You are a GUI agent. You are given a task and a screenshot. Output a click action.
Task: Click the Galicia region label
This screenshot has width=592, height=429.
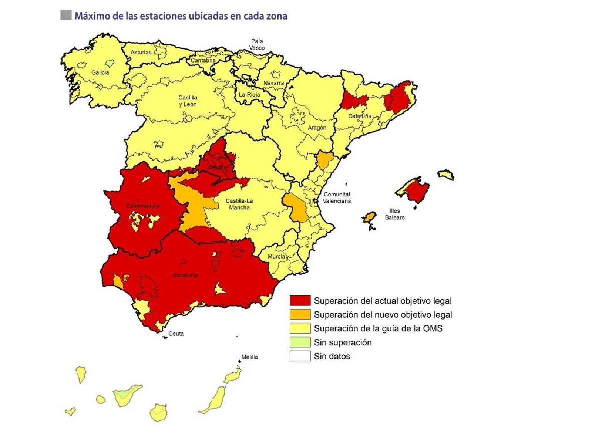coord(100,72)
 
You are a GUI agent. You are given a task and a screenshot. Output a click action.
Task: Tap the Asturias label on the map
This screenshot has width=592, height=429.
coord(141,52)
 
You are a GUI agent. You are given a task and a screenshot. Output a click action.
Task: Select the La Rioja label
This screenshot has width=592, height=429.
coord(249,95)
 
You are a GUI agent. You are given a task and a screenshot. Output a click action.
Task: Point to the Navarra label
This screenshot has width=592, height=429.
coord(273,83)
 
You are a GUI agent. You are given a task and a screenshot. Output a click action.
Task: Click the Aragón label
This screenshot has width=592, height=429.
coord(317,128)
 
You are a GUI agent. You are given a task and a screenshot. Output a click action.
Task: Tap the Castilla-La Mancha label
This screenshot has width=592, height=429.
coord(239,204)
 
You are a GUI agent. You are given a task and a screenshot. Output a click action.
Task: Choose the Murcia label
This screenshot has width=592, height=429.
coord(276,256)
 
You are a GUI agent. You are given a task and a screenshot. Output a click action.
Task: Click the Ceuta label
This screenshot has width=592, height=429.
coord(176,334)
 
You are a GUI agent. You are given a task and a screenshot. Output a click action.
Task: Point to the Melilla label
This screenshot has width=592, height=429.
coord(249,357)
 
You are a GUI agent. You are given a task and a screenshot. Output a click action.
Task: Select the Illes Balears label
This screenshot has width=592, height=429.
coord(394,214)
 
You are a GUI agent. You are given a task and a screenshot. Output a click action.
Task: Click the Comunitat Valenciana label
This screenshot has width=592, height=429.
coord(337,197)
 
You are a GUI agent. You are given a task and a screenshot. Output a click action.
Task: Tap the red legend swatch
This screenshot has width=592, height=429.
coord(300,300)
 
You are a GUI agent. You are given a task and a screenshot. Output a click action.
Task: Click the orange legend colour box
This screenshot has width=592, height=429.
coord(300,314)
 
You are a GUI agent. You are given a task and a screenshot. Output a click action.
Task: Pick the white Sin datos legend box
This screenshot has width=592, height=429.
coord(300,356)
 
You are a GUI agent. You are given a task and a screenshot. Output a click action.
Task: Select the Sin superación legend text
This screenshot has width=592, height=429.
coord(343,342)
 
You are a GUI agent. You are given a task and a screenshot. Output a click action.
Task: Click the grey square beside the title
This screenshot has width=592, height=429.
coord(66,16)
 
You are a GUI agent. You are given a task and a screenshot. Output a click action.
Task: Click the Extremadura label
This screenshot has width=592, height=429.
coord(143,206)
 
